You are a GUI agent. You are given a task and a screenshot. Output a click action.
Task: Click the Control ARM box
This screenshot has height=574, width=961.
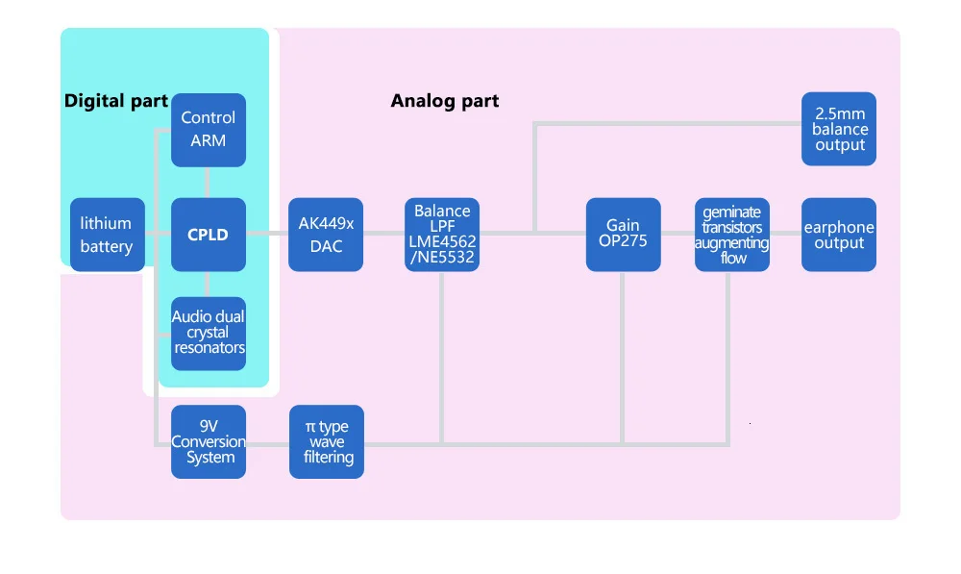(x=209, y=130)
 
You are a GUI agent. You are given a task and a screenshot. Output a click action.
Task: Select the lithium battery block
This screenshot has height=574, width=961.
(x=108, y=235)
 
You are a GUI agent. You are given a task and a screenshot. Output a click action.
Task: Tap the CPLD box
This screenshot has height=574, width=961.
(x=209, y=235)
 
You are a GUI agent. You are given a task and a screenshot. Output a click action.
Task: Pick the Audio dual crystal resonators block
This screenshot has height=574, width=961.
(x=209, y=334)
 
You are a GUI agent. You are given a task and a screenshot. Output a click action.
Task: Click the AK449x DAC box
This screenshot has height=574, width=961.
(x=326, y=235)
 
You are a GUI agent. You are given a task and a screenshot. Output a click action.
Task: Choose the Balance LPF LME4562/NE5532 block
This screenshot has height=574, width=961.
(x=442, y=235)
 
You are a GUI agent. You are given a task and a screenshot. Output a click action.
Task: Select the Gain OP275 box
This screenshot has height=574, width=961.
(x=624, y=235)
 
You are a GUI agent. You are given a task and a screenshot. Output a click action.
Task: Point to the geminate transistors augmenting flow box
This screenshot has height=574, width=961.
(x=732, y=235)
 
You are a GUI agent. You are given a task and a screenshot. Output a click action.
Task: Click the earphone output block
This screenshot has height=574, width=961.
(x=839, y=235)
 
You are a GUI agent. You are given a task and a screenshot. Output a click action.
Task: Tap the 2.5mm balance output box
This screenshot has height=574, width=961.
(x=839, y=129)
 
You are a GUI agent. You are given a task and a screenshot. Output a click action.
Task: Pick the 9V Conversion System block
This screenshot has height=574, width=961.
(x=209, y=441)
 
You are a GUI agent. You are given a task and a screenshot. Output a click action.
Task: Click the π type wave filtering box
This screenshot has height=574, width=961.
(x=327, y=441)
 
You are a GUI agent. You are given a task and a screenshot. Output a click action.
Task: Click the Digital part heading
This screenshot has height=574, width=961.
(x=116, y=101)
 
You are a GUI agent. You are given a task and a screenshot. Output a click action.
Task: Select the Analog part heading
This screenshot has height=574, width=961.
(x=445, y=101)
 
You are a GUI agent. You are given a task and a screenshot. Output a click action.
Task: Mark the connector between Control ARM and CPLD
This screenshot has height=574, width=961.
(x=208, y=182)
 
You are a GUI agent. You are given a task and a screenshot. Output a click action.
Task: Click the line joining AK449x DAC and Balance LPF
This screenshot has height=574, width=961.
(x=383, y=233)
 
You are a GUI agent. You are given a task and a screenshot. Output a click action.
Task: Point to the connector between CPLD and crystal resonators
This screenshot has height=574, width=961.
(x=208, y=284)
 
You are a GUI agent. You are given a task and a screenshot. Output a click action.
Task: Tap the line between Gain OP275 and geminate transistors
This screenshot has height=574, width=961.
(x=678, y=233)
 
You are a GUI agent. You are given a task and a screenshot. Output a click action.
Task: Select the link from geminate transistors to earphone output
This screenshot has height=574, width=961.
(x=786, y=233)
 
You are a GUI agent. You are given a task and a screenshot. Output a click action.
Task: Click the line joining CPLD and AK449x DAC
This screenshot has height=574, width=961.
(x=267, y=233)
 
